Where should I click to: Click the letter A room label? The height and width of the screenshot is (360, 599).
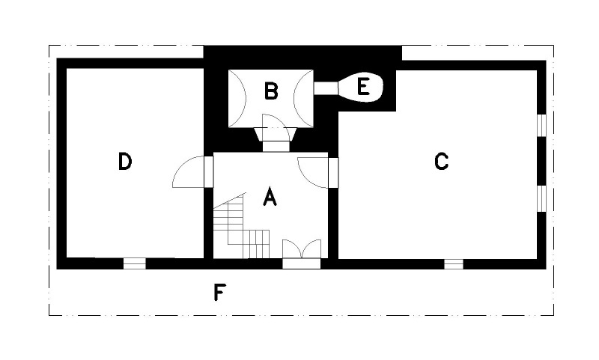tap(270, 197)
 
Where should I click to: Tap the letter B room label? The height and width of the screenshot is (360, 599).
tap(271, 91)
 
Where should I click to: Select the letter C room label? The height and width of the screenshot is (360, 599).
tap(441, 161)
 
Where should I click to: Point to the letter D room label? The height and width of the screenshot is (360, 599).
tap(125, 161)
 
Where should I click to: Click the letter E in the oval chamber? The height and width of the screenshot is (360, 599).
tap(363, 86)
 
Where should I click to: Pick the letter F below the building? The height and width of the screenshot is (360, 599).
tap(219, 293)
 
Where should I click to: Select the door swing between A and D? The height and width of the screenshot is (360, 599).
tap(189, 172)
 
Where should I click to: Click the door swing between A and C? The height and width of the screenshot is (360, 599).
tap(313, 173)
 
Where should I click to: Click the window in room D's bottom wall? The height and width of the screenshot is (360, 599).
tap(135, 263)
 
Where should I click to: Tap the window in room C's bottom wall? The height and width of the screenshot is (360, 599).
tap(454, 263)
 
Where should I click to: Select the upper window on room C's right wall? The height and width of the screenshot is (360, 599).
tap(541, 125)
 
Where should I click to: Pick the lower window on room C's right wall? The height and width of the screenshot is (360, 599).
tap(541, 198)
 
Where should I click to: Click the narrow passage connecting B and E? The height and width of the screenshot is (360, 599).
tap(326, 88)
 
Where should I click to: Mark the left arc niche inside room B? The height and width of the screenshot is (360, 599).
tap(237, 99)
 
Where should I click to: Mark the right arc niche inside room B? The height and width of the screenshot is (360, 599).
tap(303, 99)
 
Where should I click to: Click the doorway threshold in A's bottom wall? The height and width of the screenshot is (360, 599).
tap(302, 263)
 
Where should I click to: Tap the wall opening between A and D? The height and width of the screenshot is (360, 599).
tap(209, 172)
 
